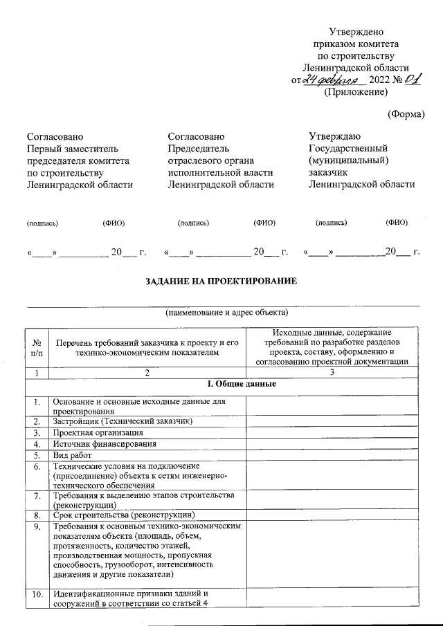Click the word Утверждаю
click(x=334, y=136)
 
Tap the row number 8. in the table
click(x=36, y=515)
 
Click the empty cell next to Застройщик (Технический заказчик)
click(x=332, y=421)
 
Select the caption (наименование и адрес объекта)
click(x=222, y=313)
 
